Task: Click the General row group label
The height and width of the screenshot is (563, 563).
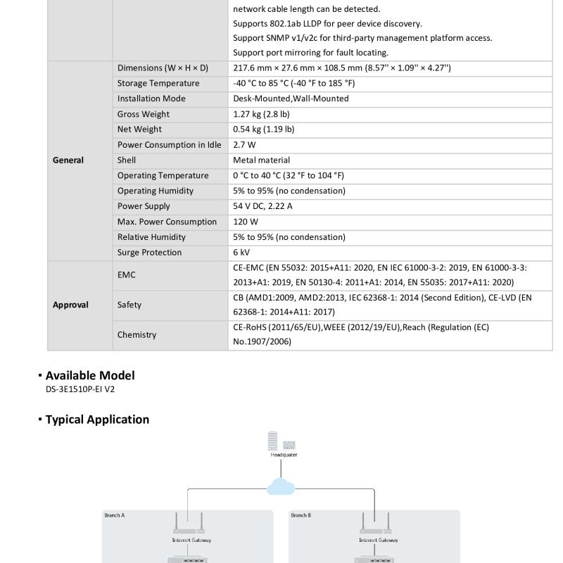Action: click(68, 160)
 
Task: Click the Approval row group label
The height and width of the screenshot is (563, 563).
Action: click(70, 305)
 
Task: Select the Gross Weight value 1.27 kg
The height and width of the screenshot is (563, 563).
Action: click(261, 114)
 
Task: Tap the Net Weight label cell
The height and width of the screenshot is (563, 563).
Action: click(139, 129)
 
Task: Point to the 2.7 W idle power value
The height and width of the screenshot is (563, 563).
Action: click(244, 145)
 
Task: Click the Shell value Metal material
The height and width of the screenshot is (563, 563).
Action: click(261, 160)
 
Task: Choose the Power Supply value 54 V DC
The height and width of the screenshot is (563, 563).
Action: click(262, 206)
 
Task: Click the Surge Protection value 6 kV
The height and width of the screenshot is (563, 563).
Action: click(241, 253)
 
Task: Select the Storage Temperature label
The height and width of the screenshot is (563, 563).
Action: click(158, 83)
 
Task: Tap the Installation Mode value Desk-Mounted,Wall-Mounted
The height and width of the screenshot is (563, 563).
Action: click(291, 99)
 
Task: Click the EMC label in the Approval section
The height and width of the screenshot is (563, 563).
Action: click(127, 275)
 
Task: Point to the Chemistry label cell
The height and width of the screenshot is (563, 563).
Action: click(137, 335)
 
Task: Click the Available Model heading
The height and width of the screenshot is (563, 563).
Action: click(90, 376)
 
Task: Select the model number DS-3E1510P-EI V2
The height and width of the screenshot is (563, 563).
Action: click(80, 389)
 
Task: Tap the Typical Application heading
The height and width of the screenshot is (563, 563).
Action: click(97, 419)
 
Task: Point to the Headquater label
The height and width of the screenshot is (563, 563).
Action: click(284, 455)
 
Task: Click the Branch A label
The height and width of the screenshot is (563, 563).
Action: click(115, 516)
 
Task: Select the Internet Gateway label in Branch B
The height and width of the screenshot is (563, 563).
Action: click(378, 540)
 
